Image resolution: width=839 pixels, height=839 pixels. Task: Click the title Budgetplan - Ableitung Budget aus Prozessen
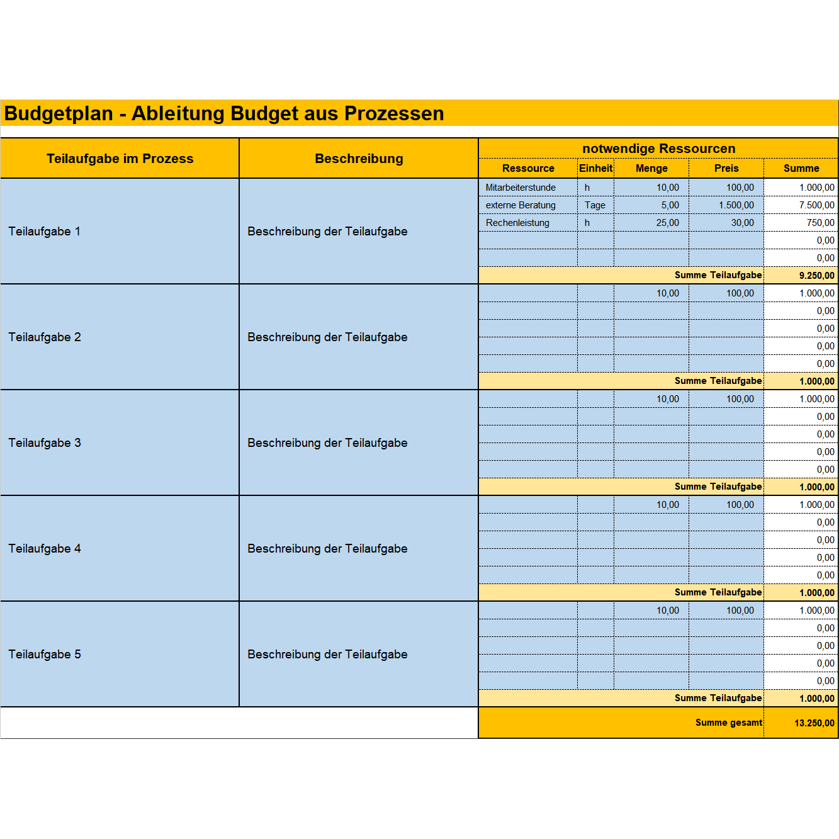(x=224, y=113)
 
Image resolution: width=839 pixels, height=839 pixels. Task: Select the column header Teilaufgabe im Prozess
(x=120, y=159)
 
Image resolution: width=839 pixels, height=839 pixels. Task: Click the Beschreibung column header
(x=359, y=159)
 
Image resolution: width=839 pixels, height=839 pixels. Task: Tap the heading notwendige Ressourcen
(x=658, y=149)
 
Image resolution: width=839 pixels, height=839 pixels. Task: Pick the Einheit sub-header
(x=595, y=168)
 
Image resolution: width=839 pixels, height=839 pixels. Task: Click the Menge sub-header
(x=651, y=168)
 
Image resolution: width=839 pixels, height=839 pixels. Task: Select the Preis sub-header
(x=726, y=168)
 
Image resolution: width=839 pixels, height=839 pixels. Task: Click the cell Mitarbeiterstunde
(x=521, y=188)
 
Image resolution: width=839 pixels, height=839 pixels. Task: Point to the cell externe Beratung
(x=521, y=205)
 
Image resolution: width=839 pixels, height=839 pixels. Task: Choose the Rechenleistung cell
(x=517, y=223)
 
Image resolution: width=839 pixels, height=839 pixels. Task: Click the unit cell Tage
(x=595, y=205)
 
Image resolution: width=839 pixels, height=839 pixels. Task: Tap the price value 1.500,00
(x=736, y=205)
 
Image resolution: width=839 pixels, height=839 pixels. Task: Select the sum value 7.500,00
(x=816, y=205)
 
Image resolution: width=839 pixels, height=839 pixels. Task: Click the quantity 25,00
(x=667, y=223)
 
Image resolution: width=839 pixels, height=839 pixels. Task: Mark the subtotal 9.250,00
(x=816, y=276)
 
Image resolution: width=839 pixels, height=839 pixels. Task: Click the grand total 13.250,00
(x=814, y=723)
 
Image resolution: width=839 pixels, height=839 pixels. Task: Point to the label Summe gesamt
(x=728, y=723)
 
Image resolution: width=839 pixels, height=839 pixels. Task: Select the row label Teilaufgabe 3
(x=45, y=443)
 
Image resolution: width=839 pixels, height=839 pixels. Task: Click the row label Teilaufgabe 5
(x=45, y=655)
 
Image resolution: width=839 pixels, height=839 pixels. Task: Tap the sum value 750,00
(x=820, y=223)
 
